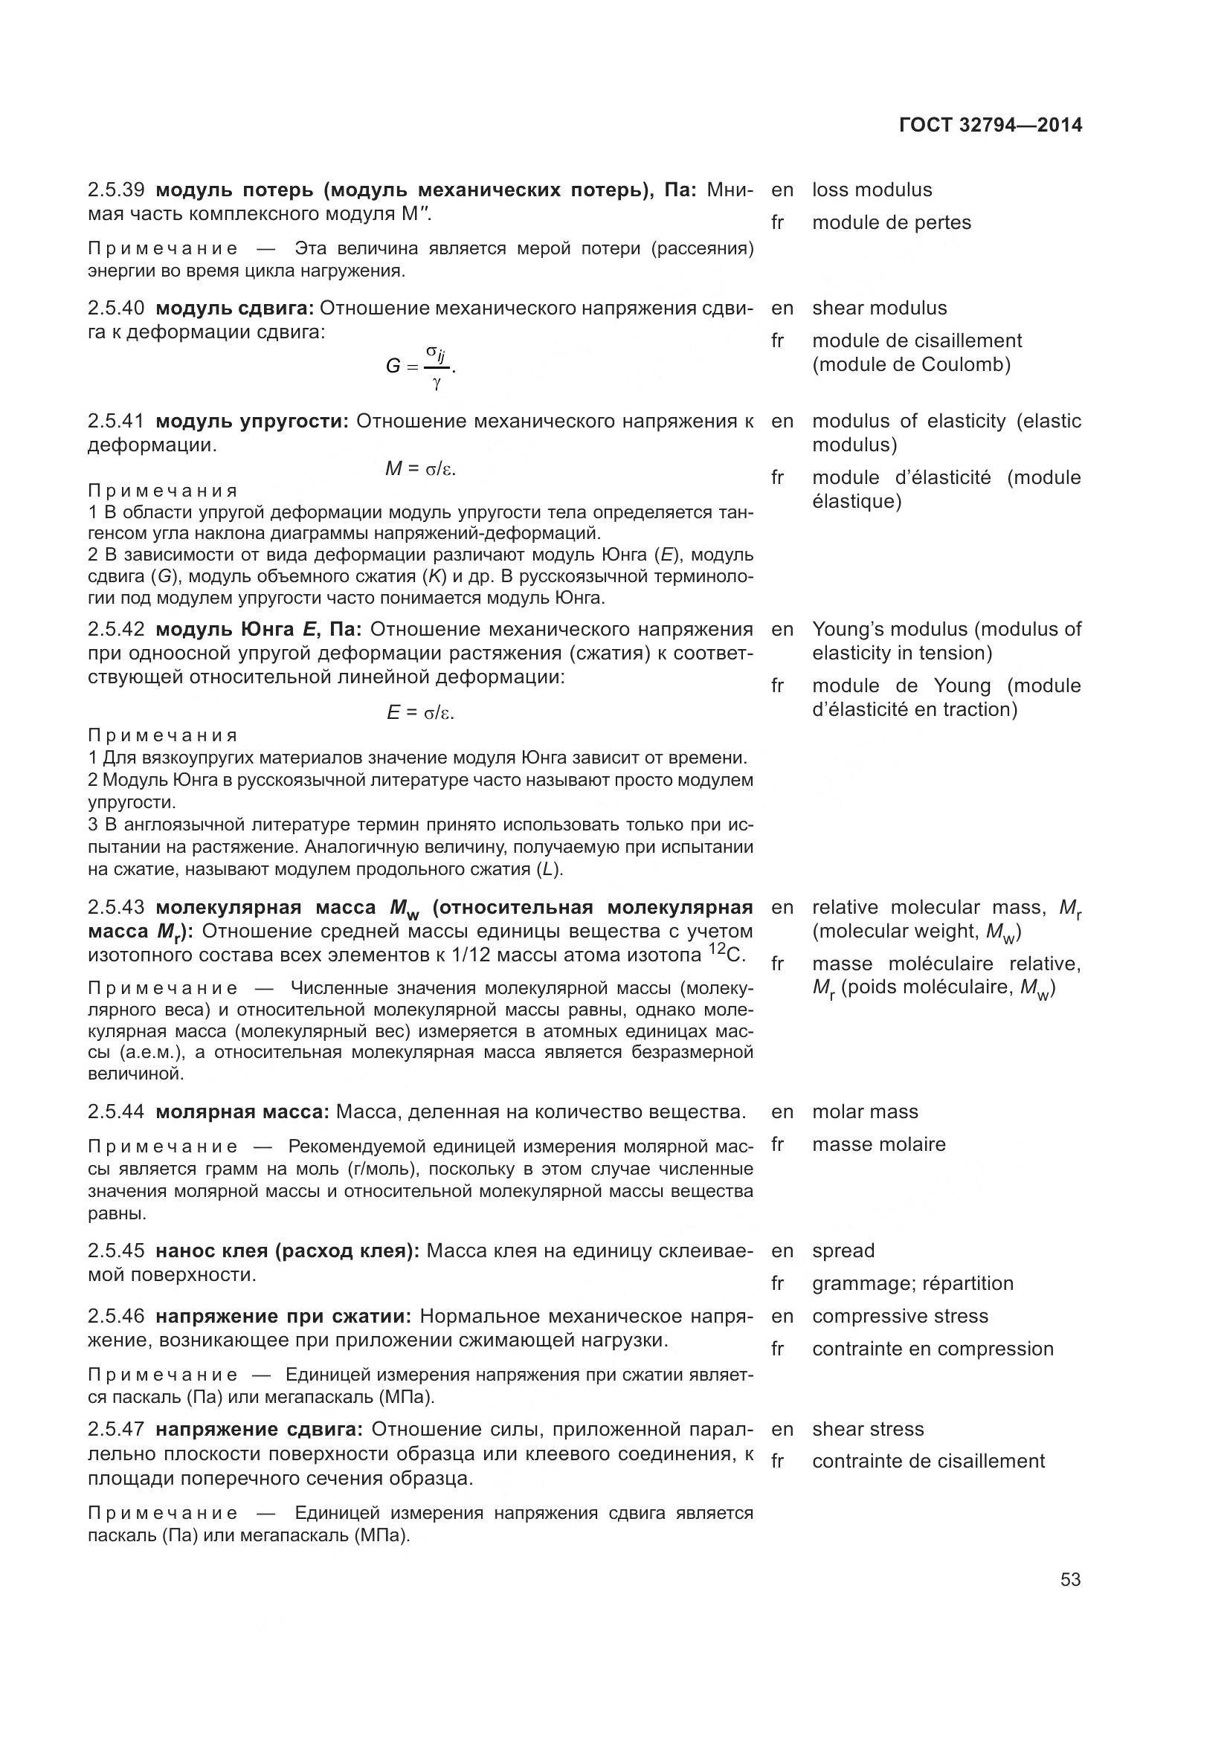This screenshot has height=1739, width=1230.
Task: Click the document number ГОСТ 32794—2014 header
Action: pyautogui.click(x=990, y=126)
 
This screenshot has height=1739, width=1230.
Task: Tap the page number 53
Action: pyautogui.click(x=1070, y=1579)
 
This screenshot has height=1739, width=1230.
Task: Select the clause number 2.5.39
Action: pyautogui.click(x=116, y=190)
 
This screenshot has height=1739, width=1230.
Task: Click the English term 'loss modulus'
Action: pyautogui.click(x=872, y=190)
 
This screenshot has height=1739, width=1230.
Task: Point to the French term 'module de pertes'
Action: pyautogui.click(x=892, y=223)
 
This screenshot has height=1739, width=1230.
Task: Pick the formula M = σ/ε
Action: pyautogui.click(x=420, y=470)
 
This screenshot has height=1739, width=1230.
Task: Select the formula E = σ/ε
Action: pyautogui.click(x=420, y=713)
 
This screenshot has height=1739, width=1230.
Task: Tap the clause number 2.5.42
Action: pyautogui.click(x=116, y=630)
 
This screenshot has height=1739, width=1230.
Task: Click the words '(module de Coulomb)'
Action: pyautogui.click(x=911, y=365)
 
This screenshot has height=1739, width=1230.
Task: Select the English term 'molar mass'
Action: pyautogui.click(x=865, y=1112)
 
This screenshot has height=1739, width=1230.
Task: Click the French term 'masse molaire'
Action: pyautogui.click(x=878, y=1144)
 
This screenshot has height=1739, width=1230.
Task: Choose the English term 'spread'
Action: pyautogui.click(x=843, y=1251)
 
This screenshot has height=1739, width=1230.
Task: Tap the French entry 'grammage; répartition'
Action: pyautogui.click(x=912, y=1283)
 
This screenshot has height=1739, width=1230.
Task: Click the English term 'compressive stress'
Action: pyautogui.click(x=900, y=1316)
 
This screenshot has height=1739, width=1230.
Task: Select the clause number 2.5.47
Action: pyautogui.click(x=116, y=1429)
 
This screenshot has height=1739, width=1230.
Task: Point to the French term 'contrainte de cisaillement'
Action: pyautogui.click(x=928, y=1461)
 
